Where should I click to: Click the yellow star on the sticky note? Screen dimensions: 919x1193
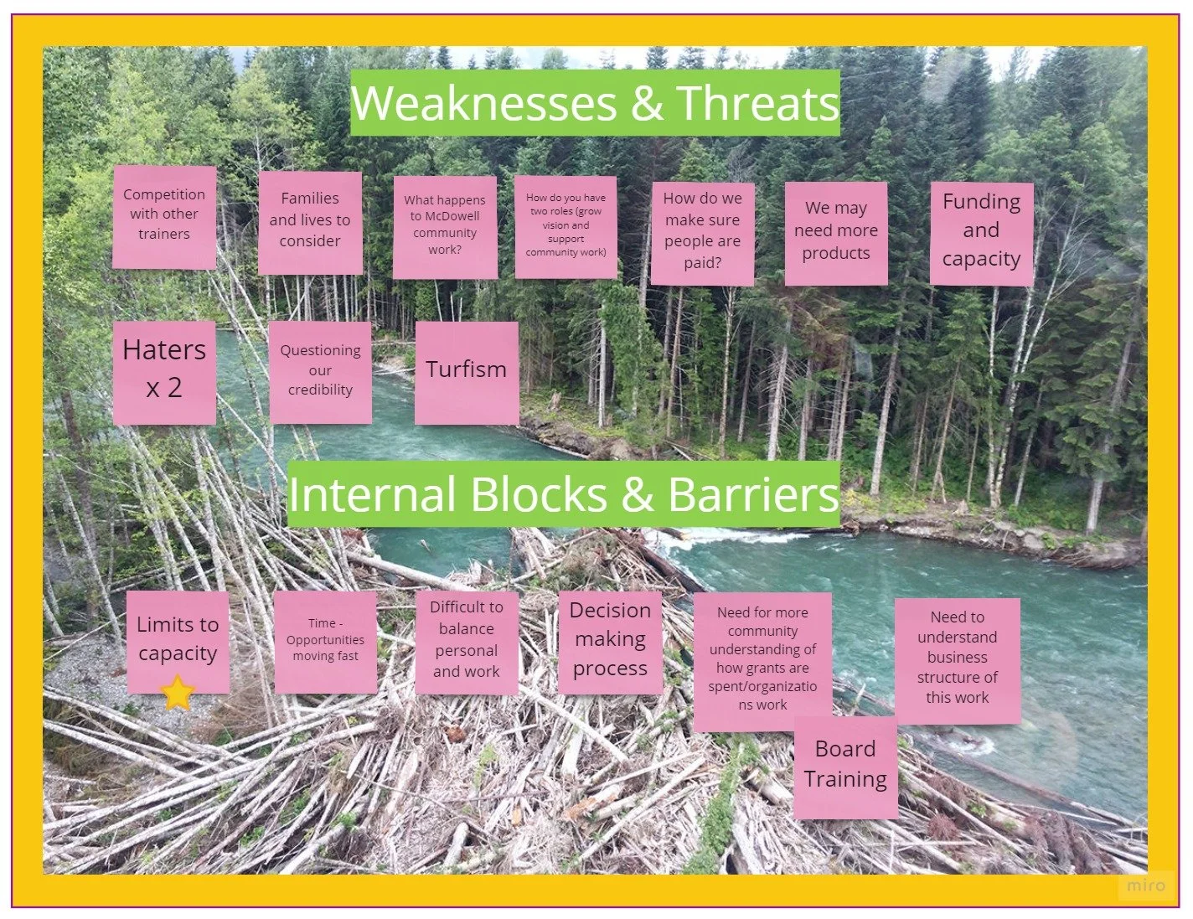click(x=178, y=694)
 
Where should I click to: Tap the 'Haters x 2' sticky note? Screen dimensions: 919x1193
click(x=164, y=369)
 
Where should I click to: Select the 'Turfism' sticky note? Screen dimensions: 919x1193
click(x=467, y=370)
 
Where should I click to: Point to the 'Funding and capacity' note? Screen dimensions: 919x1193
click(x=981, y=231)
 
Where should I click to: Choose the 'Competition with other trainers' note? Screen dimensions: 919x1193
click(x=164, y=215)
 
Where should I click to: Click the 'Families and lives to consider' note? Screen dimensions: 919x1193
click(x=310, y=220)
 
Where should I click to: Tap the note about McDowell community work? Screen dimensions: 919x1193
click(x=445, y=225)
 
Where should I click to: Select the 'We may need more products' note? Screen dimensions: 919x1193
click(x=836, y=231)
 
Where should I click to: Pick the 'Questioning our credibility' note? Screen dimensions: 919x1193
click(x=320, y=370)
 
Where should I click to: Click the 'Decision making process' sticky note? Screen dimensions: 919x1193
click(x=610, y=640)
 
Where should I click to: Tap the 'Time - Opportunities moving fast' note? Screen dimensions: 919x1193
click(x=325, y=640)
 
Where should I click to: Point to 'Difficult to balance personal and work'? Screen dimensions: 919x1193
click(x=467, y=640)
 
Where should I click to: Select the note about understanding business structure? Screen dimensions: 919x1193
click(x=958, y=658)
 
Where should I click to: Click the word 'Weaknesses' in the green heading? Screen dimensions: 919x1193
click(x=484, y=103)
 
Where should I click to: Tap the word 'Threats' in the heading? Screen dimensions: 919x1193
click(x=757, y=103)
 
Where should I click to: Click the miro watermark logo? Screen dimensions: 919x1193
click(x=1145, y=885)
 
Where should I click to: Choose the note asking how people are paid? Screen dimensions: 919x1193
click(x=702, y=231)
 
